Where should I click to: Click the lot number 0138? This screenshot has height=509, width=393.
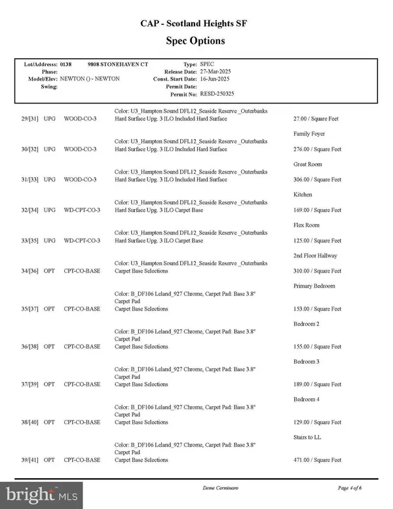65,65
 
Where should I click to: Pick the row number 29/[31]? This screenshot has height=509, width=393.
31,119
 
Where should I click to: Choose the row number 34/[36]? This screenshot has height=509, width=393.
31,271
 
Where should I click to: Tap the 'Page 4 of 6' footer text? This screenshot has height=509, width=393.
354,489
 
